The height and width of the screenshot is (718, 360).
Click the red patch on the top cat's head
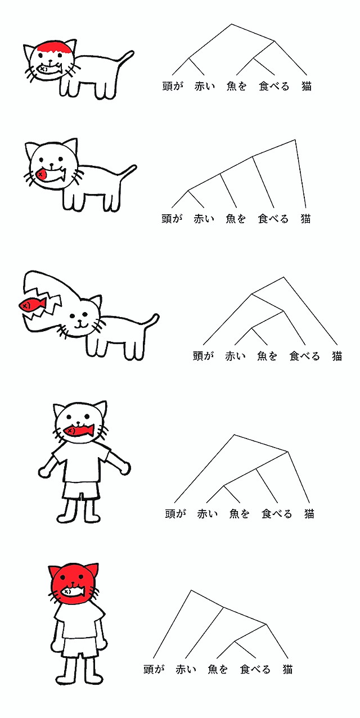click(53, 48)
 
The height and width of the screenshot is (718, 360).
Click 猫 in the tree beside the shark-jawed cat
click(336, 356)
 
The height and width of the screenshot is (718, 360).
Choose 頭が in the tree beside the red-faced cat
click(154, 669)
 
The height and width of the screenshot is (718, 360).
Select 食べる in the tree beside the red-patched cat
click(274, 86)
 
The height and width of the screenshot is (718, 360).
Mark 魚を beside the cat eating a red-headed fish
click(235, 219)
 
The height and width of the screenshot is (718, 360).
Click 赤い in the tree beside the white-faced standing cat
click(207, 514)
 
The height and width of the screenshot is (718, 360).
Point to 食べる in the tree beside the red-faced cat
click(255, 669)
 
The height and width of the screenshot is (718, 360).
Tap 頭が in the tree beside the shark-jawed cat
click(203, 356)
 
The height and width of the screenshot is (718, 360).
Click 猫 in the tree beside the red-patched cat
click(307, 86)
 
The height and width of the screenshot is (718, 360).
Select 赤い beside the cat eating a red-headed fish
click(204, 219)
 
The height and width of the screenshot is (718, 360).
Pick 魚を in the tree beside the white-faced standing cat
click(239, 514)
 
